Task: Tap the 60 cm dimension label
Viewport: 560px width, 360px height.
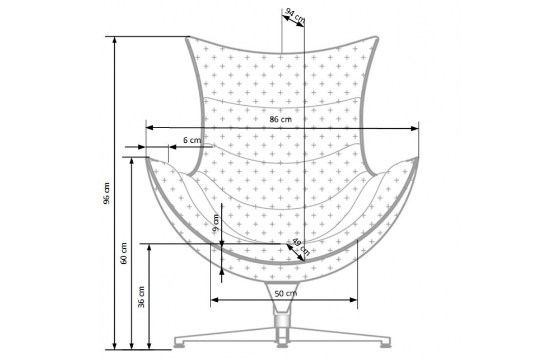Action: coord(124,254)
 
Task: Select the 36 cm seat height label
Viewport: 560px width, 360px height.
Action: coord(142,297)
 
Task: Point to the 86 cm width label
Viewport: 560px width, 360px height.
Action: coord(281,119)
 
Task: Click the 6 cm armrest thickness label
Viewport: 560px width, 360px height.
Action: coord(192,140)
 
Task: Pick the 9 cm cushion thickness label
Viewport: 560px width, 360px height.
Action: coord(216,223)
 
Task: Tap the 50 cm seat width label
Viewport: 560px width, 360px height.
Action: coord(286,293)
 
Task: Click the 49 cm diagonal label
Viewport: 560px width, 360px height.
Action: coord(301,247)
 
